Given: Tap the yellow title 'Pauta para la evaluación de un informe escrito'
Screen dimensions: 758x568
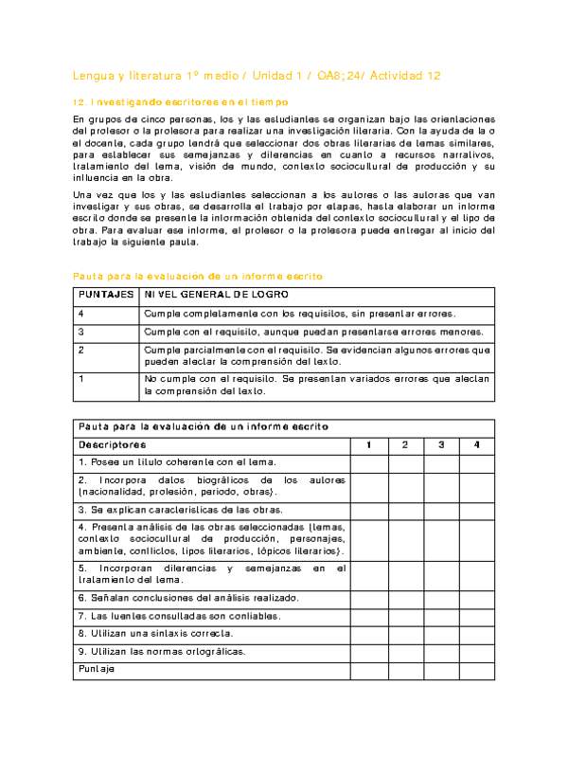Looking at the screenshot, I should [x=198, y=276].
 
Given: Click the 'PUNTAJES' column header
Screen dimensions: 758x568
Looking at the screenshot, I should [x=105, y=296].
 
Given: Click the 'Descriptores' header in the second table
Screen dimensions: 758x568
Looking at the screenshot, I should [x=113, y=444].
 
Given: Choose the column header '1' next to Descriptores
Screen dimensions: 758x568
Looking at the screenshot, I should [x=369, y=444].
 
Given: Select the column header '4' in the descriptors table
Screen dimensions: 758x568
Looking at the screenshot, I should [x=477, y=444].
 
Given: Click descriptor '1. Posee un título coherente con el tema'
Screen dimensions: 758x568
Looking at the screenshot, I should [x=177, y=462].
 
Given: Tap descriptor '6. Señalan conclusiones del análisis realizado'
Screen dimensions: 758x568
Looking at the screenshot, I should [x=189, y=598].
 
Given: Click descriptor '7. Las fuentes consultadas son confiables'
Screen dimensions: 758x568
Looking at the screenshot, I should [x=180, y=616].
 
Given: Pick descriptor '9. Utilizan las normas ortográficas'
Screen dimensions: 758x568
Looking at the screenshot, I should [x=163, y=651].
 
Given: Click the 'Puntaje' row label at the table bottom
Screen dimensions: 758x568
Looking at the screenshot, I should [x=97, y=669].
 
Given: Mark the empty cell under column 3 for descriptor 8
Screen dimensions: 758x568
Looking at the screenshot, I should [x=441, y=633].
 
